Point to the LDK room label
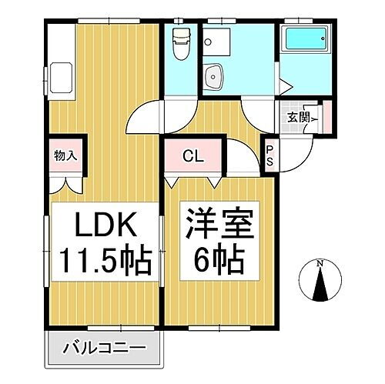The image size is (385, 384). (105, 227)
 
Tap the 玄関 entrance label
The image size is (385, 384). (300, 117)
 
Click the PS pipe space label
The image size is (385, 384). (270, 155)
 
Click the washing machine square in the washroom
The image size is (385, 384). (235, 43)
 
